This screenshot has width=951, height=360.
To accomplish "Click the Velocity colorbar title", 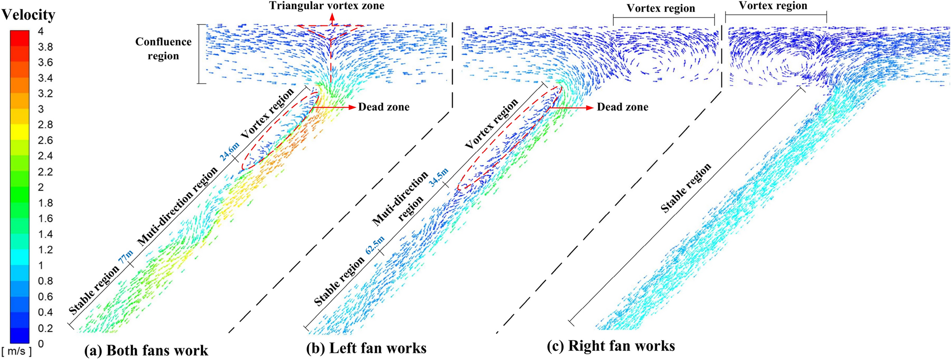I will coord(28,15).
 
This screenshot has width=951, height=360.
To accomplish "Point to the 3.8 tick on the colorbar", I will coord(45,47).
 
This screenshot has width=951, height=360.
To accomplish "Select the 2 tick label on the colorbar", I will coord(41,187).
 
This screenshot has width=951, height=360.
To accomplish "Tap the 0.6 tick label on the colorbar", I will coord(45,297).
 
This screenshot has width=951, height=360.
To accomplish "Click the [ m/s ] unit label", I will coord(17,351).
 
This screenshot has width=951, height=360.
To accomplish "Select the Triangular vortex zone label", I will coord(326,6).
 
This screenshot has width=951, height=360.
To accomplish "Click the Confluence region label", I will coord(163,48).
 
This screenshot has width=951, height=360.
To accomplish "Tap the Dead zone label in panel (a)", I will coord(384,107).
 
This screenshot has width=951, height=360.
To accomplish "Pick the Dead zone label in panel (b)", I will coord(622,107).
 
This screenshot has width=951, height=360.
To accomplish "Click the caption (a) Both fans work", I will coord(146,350).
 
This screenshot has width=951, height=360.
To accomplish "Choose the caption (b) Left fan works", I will coord(366,348).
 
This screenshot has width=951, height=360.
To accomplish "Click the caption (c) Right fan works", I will coord(611,346).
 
